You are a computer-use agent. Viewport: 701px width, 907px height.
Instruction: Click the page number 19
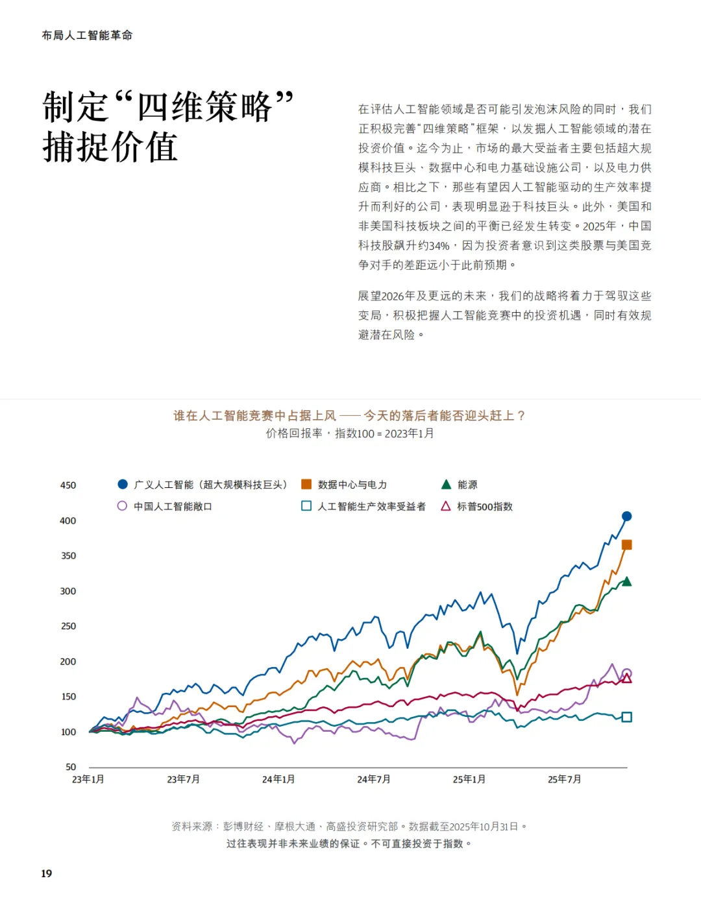(x=47, y=873)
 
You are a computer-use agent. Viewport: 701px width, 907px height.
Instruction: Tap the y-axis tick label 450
(x=68, y=485)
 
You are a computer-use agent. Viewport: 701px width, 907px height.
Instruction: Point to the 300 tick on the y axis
(x=68, y=591)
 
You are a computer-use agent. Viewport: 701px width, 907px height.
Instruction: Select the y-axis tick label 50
(x=71, y=767)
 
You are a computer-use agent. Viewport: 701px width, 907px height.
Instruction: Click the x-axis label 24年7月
(x=374, y=779)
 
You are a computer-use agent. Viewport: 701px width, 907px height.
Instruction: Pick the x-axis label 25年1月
(x=469, y=779)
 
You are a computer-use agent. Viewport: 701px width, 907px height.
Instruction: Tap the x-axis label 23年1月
(x=88, y=779)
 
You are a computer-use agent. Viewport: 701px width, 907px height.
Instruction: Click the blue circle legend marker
(x=123, y=485)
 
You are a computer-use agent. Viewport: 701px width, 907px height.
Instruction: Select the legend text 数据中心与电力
(x=352, y=485)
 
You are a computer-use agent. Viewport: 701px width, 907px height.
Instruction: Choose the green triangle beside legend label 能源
(x=446, y=485)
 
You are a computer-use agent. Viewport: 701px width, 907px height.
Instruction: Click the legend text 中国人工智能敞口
(x=173, y=506)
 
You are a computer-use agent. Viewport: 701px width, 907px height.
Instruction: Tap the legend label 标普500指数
(x=485, y=506)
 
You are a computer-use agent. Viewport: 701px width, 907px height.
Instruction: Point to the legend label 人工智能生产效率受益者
(x=372, y=506)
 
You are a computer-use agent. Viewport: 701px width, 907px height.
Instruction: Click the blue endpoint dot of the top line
(x=626, y=516)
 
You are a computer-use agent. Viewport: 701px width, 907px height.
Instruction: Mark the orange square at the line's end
(x=626, y=545)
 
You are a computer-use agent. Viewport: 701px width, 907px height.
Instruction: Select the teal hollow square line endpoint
(x=626, y=717)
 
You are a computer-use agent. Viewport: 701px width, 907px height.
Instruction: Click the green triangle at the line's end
(x=626, y=581)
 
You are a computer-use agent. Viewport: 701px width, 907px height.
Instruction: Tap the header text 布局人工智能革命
(x=87, y=36)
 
